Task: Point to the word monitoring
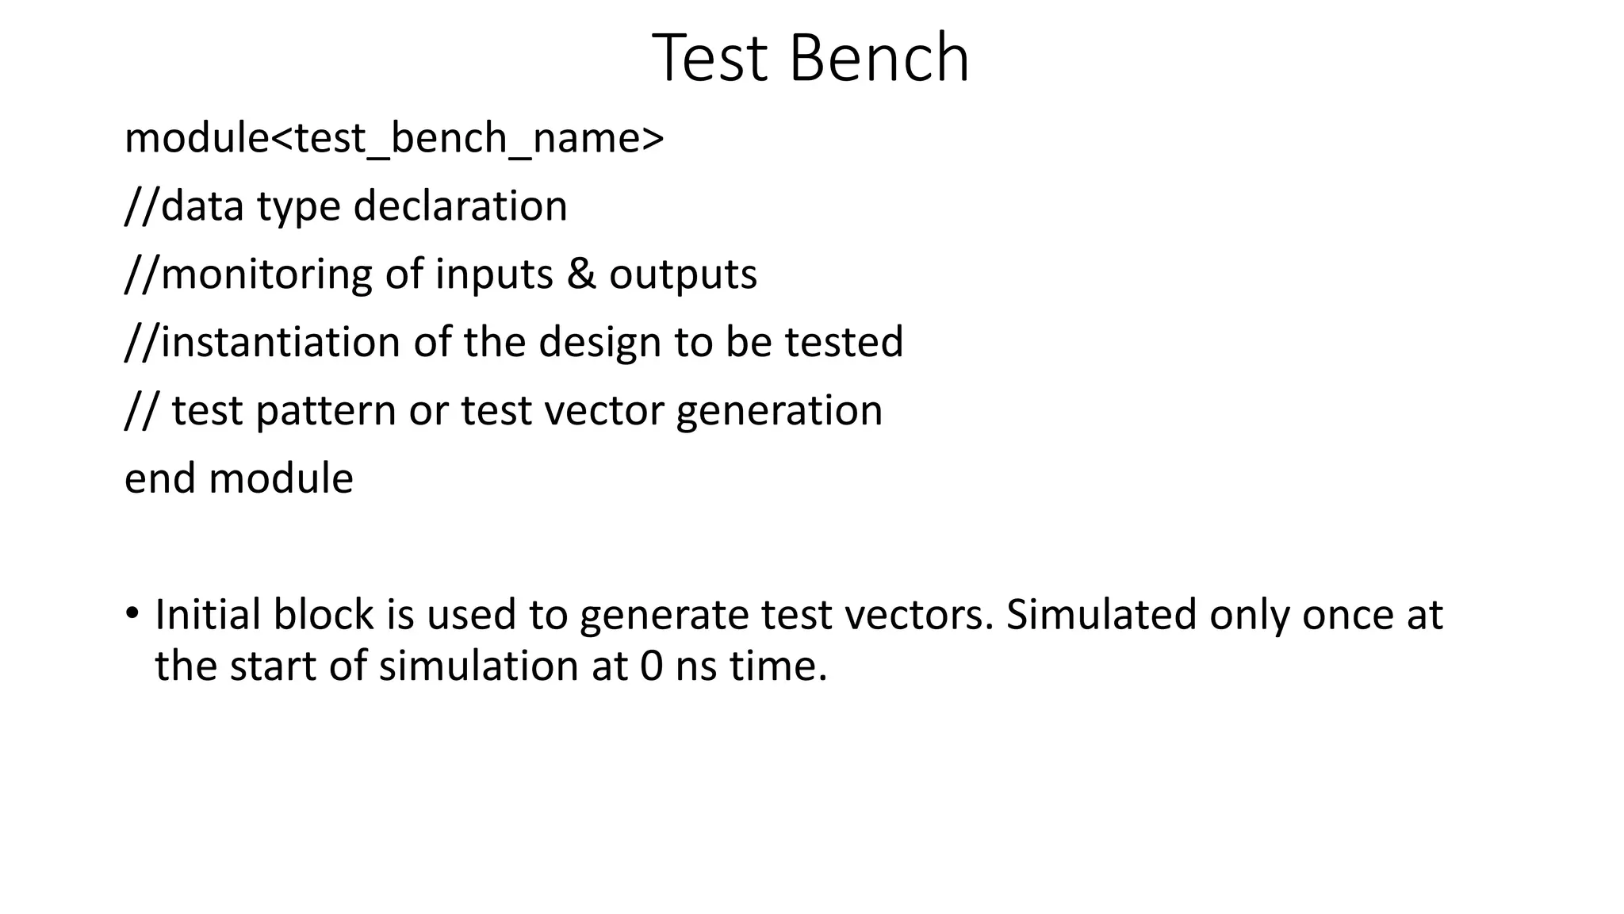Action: coord(266,275)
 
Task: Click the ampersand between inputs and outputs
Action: coord(581,275)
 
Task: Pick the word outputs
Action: coord(683,275)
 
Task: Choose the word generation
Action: coord(779,411)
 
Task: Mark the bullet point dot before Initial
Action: coord(132,613)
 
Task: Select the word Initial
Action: coord(208,615)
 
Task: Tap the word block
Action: coord(324,615)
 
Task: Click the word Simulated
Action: coord(1101,615)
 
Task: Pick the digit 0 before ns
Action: coord(651,666)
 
